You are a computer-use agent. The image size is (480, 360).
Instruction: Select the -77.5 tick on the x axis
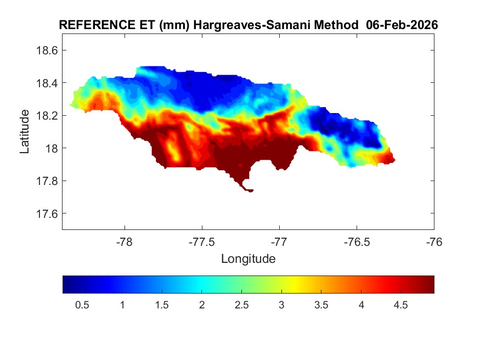click(x=202, y=241)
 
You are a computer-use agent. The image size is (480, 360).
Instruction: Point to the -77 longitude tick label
click(x=279, y=241)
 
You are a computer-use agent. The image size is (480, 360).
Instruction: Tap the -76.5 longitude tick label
click(x=357, y=241)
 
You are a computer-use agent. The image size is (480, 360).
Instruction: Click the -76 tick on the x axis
click(x=434, y=241)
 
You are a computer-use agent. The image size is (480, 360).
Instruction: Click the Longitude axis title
click(x=248, y=258)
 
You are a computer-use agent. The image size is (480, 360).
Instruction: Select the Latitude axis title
click(x=25, y=131)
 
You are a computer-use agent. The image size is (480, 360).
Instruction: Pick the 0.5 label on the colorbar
click(x=82, y=305)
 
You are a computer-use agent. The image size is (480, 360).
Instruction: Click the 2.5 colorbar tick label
click(x=241, y=305)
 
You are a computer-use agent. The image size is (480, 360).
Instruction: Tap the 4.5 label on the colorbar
click(x=400, y=305)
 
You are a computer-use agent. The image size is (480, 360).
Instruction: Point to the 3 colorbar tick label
click(x=281, y=305)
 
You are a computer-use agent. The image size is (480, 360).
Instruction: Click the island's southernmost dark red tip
click(x=250, y=190)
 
